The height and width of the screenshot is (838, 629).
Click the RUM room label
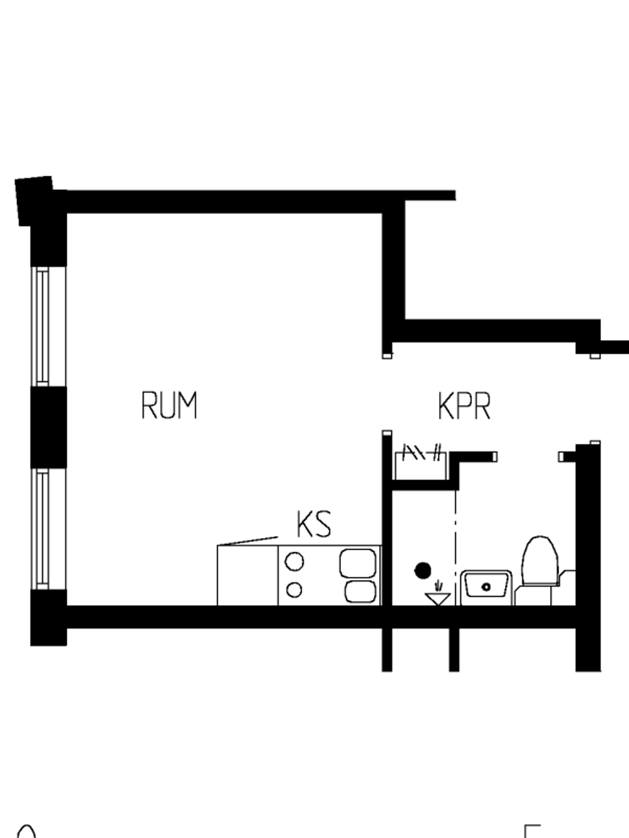(x=169, y=405)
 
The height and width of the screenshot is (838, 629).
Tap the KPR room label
(x=464, y=406)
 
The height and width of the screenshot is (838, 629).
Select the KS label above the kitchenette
(x=314, y=524)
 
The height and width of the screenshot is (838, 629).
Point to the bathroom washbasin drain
(x=486, y=587)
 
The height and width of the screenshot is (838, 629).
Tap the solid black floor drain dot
(x=423, y=571)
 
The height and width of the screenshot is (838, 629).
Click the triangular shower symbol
(x=438, y=598)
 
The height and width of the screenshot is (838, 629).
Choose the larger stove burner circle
(x=294, y=561)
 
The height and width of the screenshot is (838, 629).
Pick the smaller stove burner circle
(x=294, y=590)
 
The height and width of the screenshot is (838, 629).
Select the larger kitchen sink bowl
(x=358, y=563)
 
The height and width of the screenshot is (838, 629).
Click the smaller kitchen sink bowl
(x=360, y=592)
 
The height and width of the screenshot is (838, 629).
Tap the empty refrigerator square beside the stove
(x=247, y=575)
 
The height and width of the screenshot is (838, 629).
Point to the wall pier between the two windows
(x=48, y=427)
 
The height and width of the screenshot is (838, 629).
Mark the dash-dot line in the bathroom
(x=455, y=548)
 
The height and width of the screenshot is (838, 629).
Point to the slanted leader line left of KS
(x=247, y=541)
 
